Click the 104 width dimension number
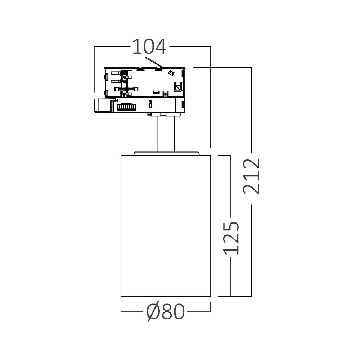coord(149,47)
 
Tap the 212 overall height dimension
coord(251,176)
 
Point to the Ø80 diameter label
coord(166,311)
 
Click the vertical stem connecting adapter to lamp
coord(166,133)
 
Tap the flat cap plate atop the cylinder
coord(166,153)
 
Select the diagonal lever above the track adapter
coord(154,62)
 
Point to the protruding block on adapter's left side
coord(102,105)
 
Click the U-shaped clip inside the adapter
coord(177,87)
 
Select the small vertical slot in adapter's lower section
coord(149,104)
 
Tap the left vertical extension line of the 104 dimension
coord(94,68)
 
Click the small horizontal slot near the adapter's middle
coord(156,92)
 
